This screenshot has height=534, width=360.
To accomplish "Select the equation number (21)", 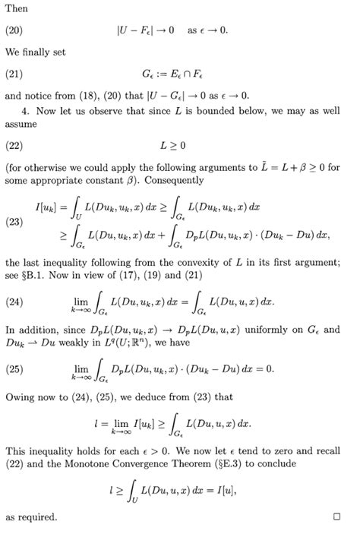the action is tap(15, 74).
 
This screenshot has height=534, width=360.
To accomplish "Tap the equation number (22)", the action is tap(15, 144).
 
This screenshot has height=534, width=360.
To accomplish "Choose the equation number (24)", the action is tap(15, 302).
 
